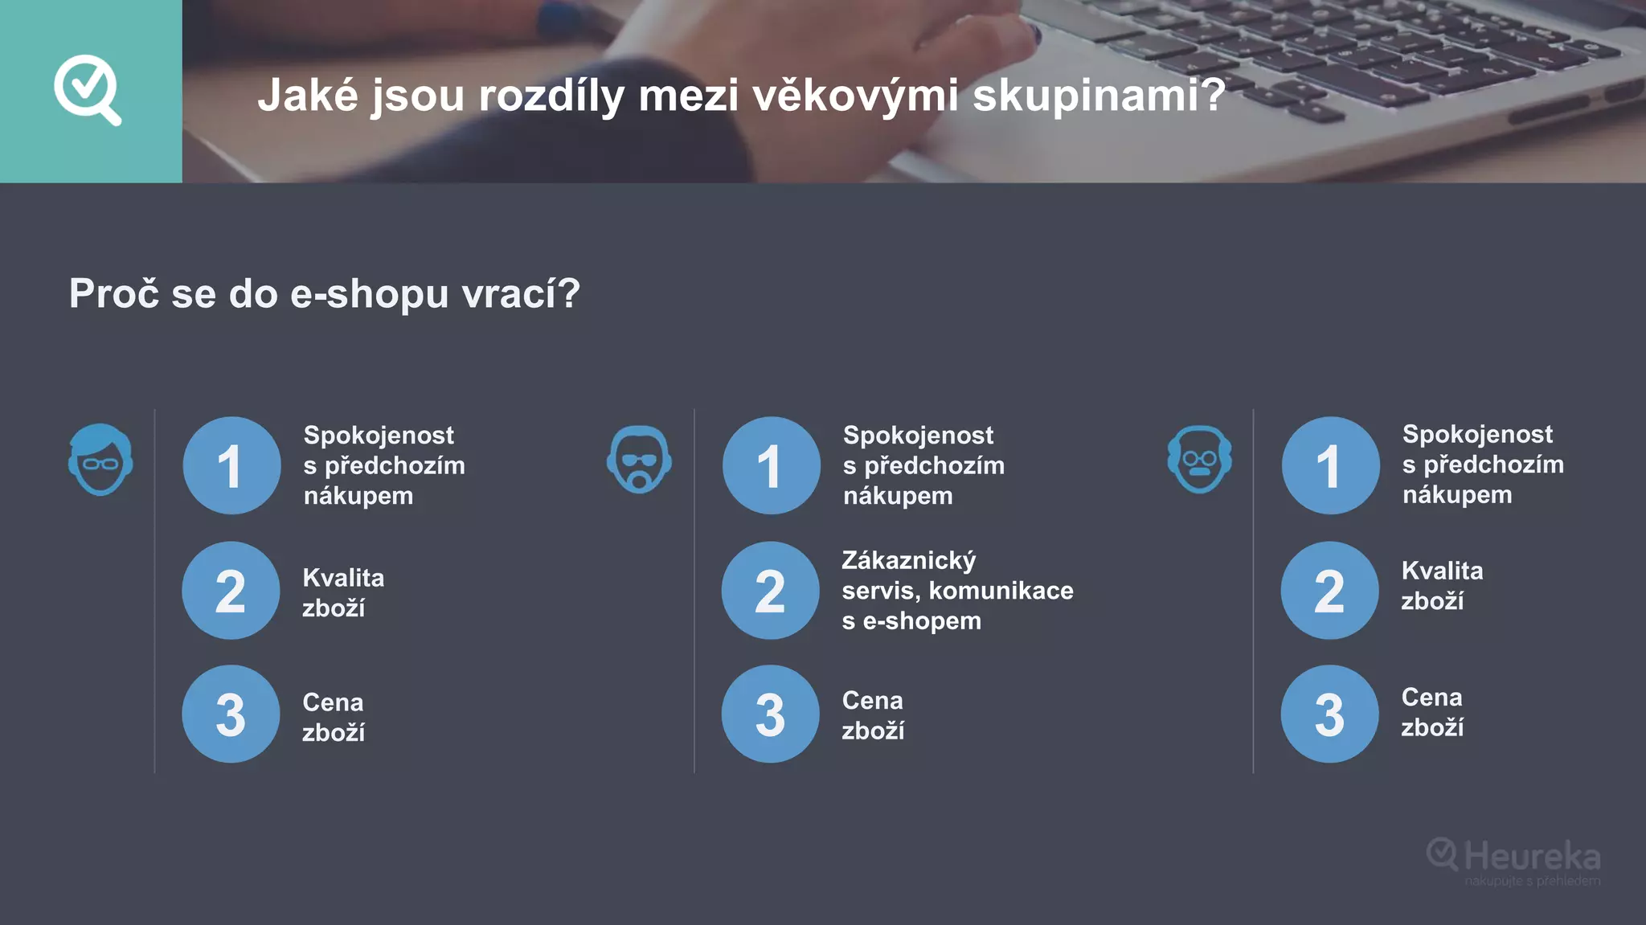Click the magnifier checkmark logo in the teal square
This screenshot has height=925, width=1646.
point(88,89)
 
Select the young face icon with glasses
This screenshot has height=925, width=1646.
point(100,459)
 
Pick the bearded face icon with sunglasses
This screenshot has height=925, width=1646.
point(639,459)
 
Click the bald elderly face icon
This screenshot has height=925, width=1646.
point(1199,459)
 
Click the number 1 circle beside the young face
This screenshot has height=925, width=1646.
point(231,465)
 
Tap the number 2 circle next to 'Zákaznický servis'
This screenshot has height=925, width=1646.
point(770,591)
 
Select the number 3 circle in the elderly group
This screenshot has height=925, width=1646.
point(1329,714)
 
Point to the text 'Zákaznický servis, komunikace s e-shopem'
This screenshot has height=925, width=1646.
point(956,591)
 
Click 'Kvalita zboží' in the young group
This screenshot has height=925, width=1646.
point(342,592)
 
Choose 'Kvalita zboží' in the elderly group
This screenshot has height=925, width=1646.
point(1442,585)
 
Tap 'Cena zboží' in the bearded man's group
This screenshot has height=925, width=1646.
point(873,715)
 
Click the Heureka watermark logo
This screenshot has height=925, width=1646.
point(1513,859)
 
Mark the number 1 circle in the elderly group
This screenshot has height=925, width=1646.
point(1330,465)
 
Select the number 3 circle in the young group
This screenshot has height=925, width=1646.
point(231,714)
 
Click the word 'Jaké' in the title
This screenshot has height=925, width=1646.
point(308,96)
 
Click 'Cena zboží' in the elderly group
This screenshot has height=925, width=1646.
point(1432,712)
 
